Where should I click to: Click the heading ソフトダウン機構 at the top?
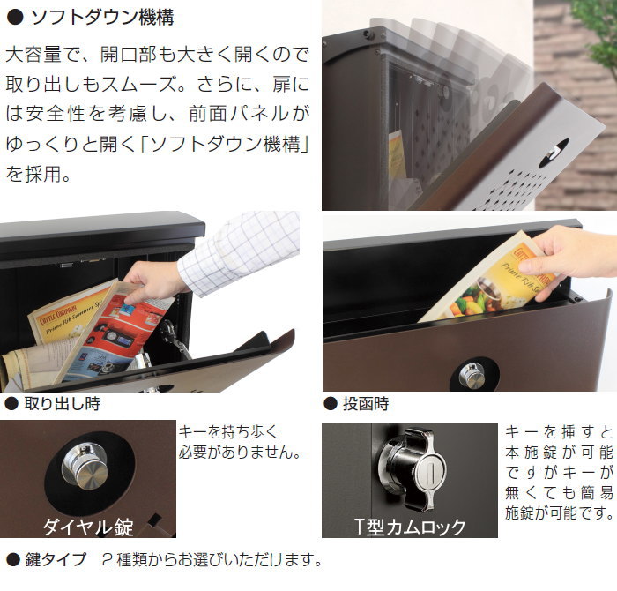point(102,18)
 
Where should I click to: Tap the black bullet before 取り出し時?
point(11,404)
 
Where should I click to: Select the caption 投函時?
point(366,404)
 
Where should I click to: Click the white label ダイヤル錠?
point(88,527)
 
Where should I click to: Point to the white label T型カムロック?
point(410,527)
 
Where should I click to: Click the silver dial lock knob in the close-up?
point(85,466)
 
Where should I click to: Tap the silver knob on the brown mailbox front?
point(472,376)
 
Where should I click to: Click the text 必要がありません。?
point(240,452)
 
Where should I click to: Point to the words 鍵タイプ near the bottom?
point(56,559)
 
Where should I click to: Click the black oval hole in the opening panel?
point(554,153)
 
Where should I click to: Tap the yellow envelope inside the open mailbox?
point(397,154)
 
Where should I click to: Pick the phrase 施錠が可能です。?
point(559,513)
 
